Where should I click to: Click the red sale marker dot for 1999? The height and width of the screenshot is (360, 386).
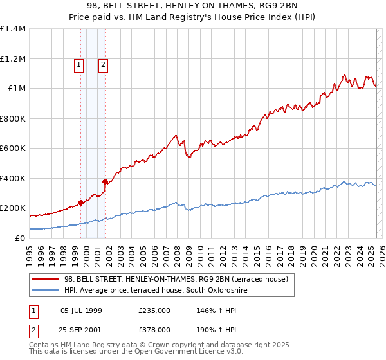[x=80, y=203]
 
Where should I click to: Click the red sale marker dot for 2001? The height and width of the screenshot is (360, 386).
[x=105, y=181]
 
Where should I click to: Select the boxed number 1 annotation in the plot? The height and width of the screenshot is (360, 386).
[x=78, y=64]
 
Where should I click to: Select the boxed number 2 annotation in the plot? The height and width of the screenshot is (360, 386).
[x=102, y=64]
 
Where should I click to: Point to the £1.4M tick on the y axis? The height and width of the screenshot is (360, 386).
[x=13, y=29]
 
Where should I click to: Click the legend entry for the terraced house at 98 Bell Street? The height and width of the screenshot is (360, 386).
[x=179, y=279]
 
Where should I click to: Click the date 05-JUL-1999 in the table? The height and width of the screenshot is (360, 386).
[x=81, y=310]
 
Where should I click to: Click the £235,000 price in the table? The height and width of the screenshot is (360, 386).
[x=154, y=310]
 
